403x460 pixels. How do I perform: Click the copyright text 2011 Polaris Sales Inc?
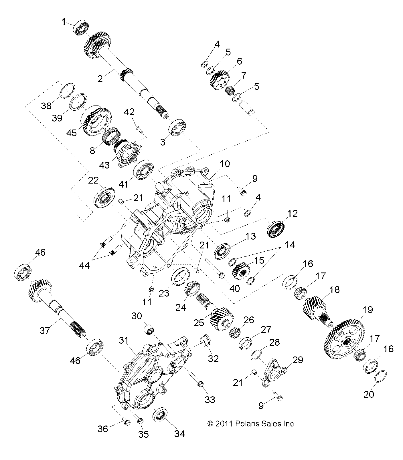pos(252,423)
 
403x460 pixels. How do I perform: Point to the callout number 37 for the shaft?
pos(45,331)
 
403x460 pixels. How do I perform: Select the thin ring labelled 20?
pos(381,376)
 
